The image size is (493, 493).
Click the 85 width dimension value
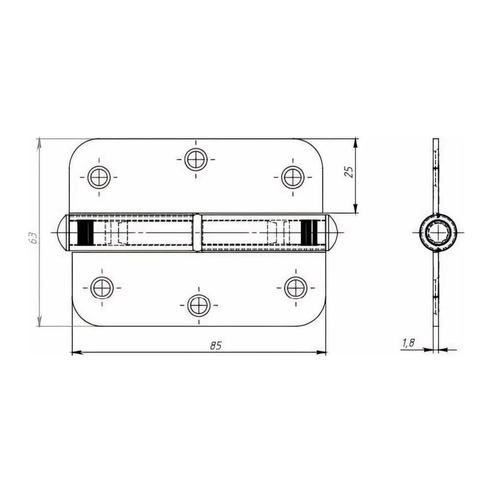point(216,346)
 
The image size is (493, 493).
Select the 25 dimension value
point(349,172)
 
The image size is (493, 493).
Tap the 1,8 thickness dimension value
point(408,343)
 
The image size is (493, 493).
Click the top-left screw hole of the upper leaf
point(99,177)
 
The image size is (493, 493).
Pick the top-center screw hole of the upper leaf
point(196,159)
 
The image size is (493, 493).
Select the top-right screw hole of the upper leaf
point(293,177)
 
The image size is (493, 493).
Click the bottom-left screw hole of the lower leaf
point(102,288)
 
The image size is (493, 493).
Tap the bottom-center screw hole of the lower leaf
point(199,305)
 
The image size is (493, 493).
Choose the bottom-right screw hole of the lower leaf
point(296,288)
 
